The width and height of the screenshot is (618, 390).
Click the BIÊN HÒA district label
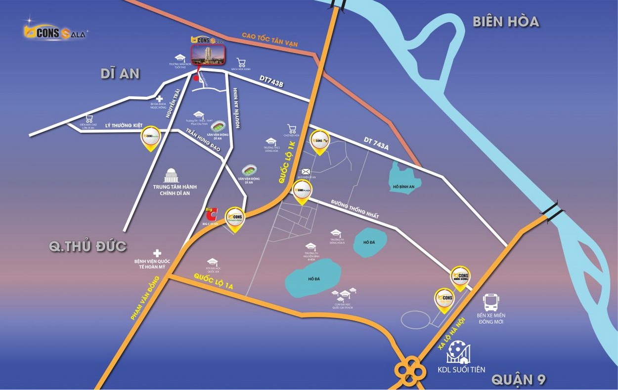[505, 22]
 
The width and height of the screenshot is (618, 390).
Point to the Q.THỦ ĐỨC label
[88, 246]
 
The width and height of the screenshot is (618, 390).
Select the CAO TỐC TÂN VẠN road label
[269, 40]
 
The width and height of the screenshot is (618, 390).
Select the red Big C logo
[211, 215]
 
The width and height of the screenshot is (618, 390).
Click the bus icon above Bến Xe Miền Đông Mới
[491, 302]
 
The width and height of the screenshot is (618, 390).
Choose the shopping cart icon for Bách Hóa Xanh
[241, 63]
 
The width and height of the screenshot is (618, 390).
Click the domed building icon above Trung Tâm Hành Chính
[172, 175]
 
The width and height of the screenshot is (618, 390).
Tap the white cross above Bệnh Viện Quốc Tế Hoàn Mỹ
[157, 252]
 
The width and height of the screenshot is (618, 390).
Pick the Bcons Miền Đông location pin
[460, 277]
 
